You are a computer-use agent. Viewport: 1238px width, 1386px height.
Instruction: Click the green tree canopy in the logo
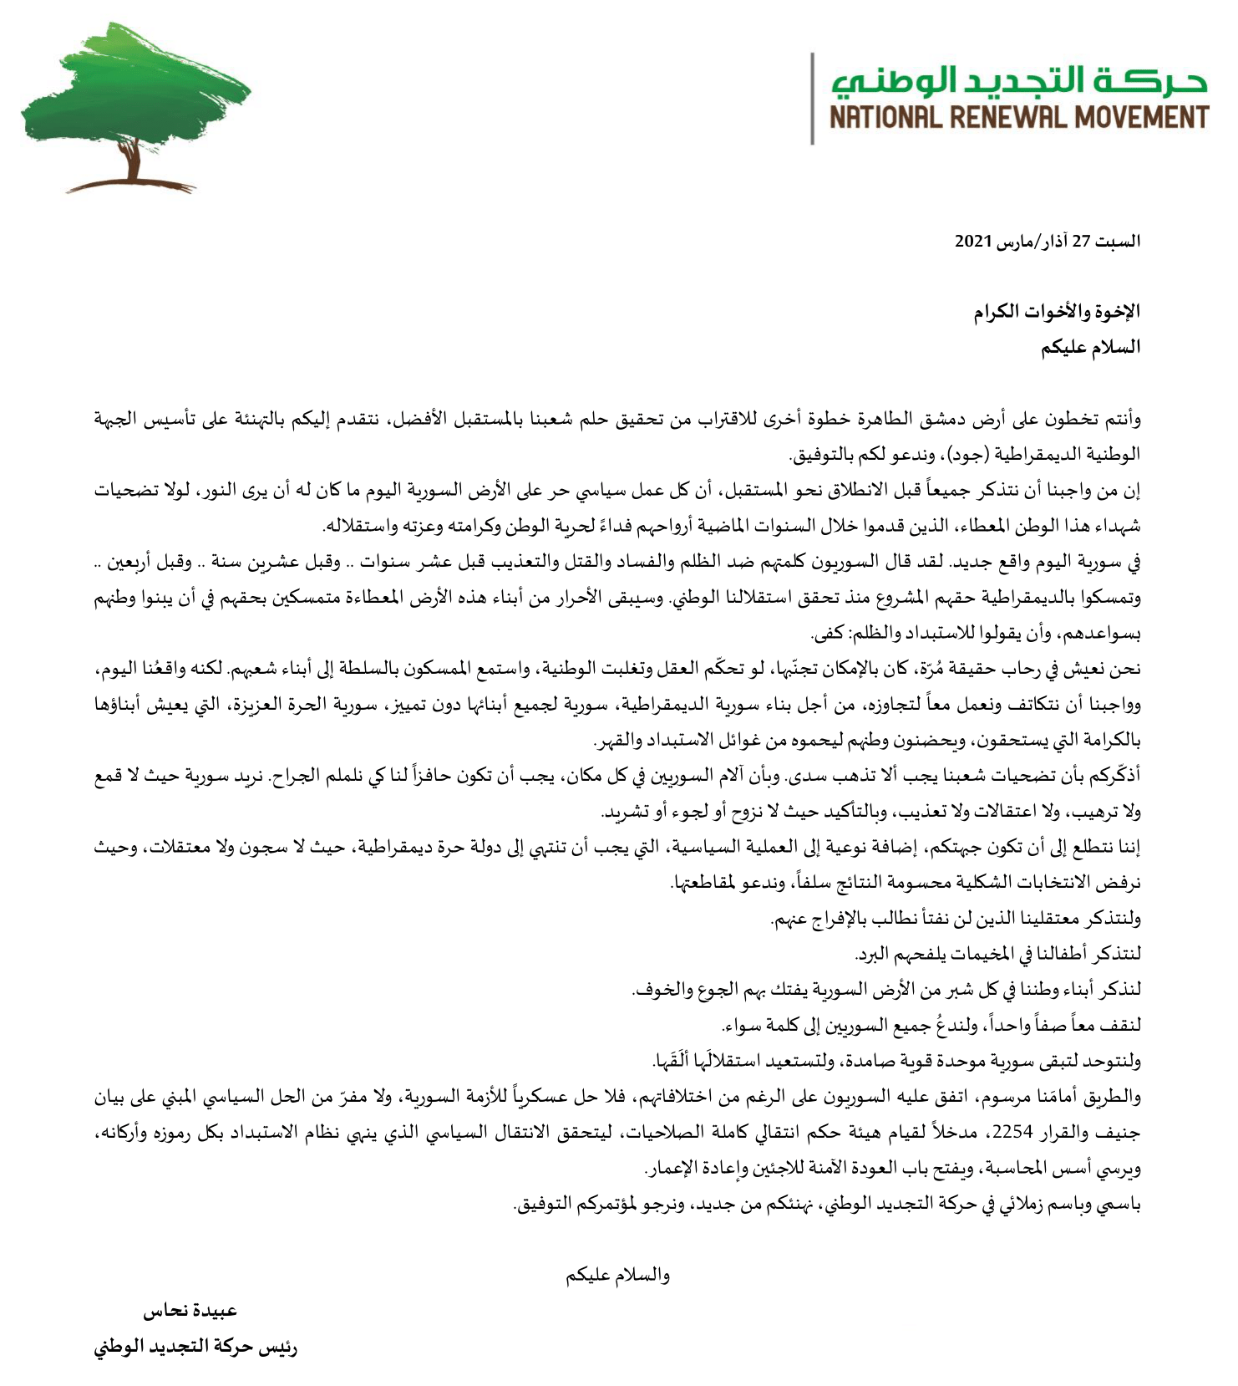pos(134,92)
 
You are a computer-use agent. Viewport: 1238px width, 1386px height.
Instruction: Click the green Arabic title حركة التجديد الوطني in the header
pos(1019,80)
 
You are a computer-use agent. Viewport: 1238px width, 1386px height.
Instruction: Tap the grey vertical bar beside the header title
pos(812,99)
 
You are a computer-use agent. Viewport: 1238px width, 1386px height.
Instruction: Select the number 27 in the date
pos(1082,242)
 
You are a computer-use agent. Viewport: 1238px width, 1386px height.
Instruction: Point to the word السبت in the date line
pos(1119,242)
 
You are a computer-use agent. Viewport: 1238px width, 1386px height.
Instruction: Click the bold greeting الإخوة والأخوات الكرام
pos(1057,312)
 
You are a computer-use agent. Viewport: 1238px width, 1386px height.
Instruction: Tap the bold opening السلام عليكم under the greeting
pos(1090,348)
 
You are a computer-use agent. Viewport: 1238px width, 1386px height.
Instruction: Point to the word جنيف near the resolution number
pos(1119,1133)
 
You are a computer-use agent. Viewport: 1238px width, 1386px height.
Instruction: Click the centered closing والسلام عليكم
pos(617,1276)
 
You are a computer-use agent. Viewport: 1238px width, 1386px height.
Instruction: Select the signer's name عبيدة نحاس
pos(190,1311)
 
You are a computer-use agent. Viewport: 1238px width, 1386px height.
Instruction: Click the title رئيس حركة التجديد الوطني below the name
pos(195,1348)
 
